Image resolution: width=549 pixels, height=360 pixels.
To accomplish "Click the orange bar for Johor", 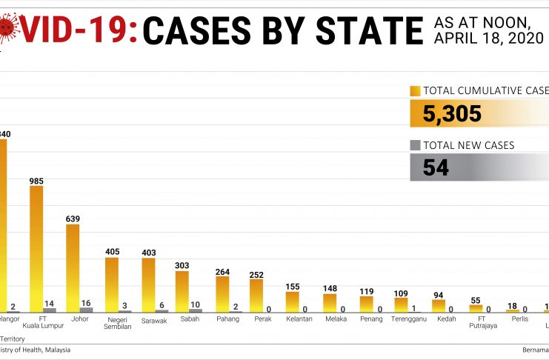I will tap(73, 267).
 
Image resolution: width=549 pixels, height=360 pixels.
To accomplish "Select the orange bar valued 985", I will tap(36, 248).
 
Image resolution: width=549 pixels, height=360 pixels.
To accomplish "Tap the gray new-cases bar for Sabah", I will tap(196, 310).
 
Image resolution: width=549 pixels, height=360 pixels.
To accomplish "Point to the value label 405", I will tap(112, 252).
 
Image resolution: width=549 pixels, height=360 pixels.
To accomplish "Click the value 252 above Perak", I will tap(256, 274).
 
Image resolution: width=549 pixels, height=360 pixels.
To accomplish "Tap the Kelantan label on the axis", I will tap(299, 319).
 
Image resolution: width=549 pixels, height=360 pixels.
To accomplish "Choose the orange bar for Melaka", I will tap(330, 303).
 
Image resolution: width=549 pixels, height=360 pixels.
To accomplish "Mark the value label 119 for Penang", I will tap(367, 291).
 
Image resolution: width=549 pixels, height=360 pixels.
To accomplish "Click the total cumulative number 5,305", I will tap(452, 113).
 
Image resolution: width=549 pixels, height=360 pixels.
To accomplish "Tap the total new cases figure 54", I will tap(436, 167).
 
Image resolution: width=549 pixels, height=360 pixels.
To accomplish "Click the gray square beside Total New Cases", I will tap(415, 145).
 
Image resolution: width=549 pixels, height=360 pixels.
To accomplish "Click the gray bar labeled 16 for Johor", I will tap(87, 310).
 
